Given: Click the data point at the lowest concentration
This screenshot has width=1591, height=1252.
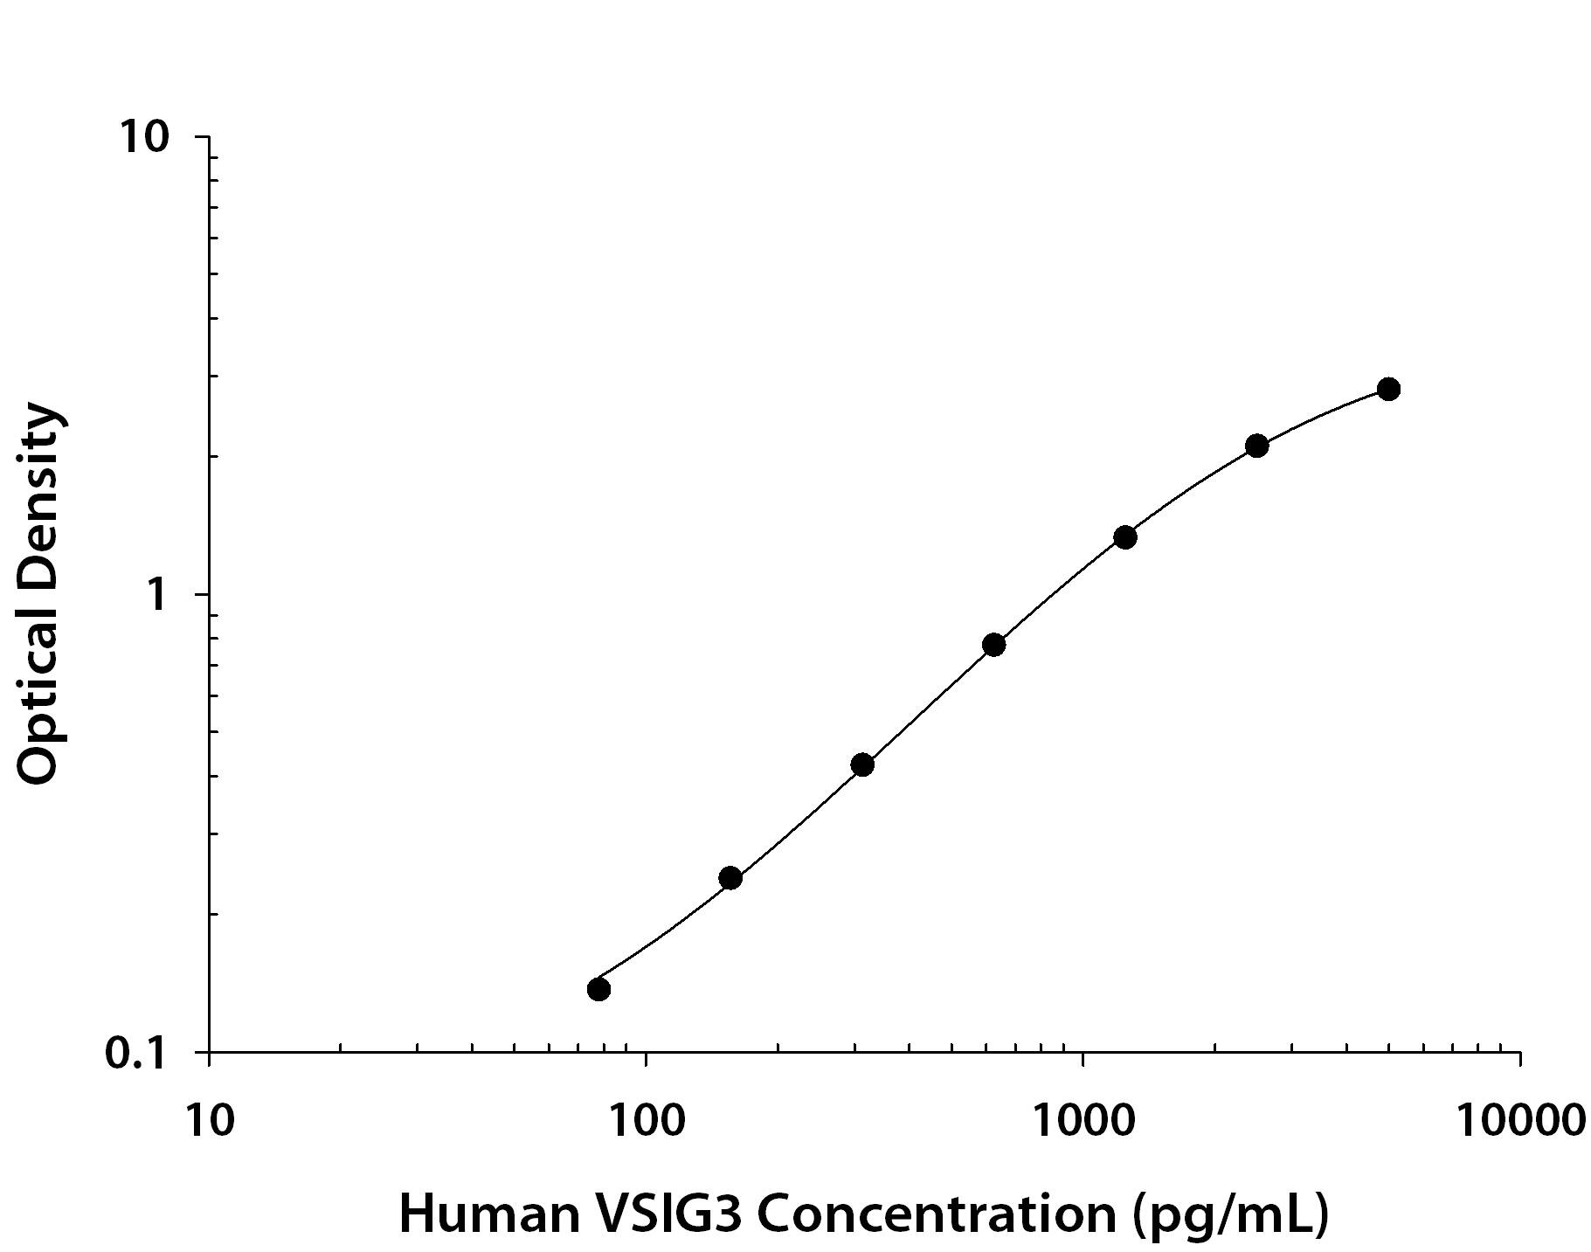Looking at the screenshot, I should pos(598,988).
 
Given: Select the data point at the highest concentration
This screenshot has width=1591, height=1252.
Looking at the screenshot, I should pos(1388,389).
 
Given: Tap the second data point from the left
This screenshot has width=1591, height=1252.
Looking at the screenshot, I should pos(730,877).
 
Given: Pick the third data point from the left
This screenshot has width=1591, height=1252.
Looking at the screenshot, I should pos(862,764).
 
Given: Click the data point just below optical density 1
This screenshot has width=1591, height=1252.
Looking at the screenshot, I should pos(993,645).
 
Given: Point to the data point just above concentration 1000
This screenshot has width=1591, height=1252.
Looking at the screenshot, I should pos(1125,537).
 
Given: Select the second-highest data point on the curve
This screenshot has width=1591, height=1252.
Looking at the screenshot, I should pos(1256,446).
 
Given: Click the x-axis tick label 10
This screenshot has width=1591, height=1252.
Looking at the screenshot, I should pos(210,1119).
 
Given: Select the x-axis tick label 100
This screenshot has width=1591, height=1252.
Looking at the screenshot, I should pos(646,1119).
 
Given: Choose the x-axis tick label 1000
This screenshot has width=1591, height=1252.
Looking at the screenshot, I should pos(1083,1119).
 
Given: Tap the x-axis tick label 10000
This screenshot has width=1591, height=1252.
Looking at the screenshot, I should pos(1520,1119).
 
